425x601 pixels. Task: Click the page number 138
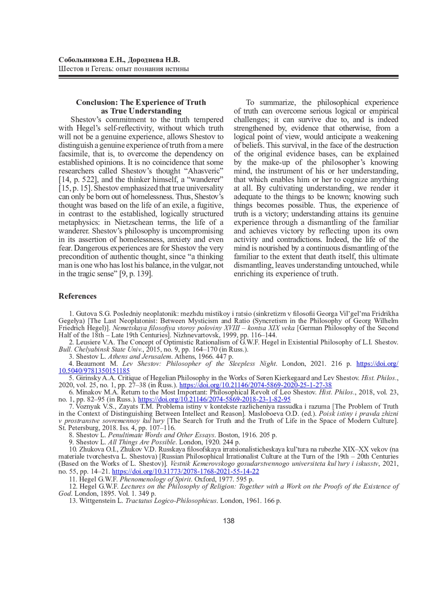point(229,521)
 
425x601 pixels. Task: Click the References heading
point(78,296)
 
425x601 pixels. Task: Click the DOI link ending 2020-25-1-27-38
point(255,385)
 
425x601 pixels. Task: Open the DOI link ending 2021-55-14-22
point(185,471)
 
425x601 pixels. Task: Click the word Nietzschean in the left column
point(134,222)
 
